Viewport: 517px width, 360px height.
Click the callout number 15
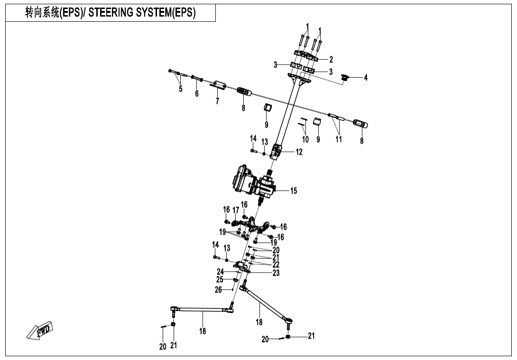point(294,191)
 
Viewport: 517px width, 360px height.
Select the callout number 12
point(299,152)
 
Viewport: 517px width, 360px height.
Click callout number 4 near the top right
point(366,77)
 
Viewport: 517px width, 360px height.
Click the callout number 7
point(217,101)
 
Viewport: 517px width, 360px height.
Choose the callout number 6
point(196,94)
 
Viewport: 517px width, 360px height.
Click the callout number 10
point(305,139)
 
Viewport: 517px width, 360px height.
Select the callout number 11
point(339,139)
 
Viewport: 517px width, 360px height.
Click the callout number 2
point(331,59)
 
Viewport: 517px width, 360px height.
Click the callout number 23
point(276,273)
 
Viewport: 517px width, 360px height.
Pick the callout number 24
point(220,272)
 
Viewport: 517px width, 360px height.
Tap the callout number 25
point(220,280)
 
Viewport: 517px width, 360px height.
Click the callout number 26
point(218,289)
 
